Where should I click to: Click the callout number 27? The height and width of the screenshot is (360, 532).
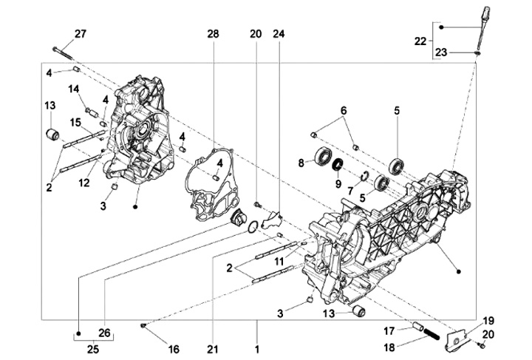click(81, 33)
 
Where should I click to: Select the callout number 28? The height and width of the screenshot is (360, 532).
click(214, 33)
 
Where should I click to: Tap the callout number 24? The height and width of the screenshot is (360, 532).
click(279, 33)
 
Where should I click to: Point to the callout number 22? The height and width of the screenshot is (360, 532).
click(420, 41)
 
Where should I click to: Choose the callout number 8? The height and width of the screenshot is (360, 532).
click(301, 163)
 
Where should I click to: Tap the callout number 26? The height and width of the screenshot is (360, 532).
click(105, 333)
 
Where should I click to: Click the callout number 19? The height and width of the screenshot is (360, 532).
click(488, 320)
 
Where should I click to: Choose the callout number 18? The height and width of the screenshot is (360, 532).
click(388, 346)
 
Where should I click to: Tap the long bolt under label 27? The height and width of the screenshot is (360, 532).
click(65, 50)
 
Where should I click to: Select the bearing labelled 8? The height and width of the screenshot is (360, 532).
click(323, 156)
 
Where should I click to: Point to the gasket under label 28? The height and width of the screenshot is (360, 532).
click(211, 185)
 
